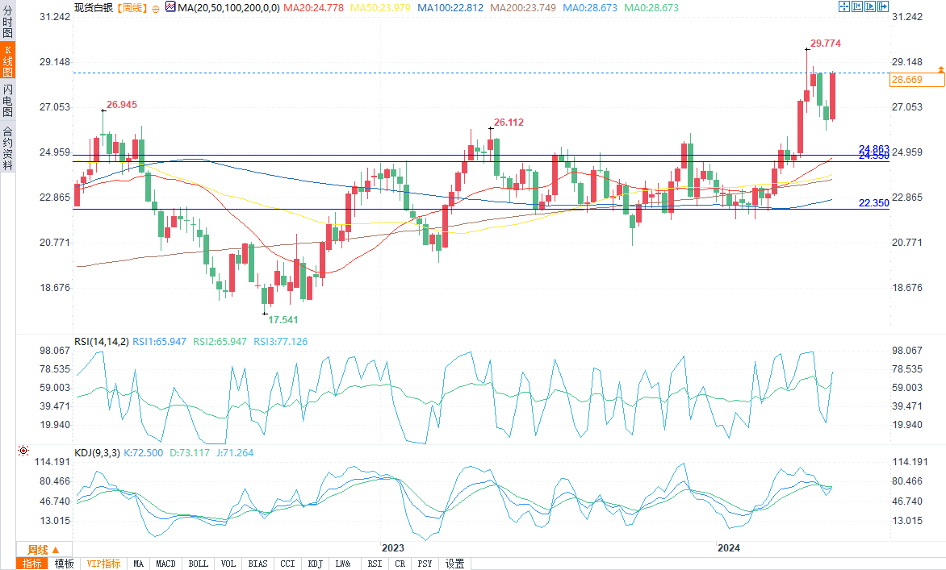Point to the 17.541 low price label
(283, 319)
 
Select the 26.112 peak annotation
(509, 123)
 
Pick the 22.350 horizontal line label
(873, 203)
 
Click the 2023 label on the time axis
(393, 548)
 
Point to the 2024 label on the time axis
(730, 548)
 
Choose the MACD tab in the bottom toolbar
(165, 564)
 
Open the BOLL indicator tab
(198, 564)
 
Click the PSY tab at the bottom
(425, 564)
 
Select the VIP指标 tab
(103, 564)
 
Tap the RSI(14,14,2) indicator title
(101, 342)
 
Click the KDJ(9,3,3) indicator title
(97, 453)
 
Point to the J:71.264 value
(233, 453)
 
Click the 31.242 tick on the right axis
(906, 17)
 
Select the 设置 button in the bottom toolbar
(455, 564)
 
